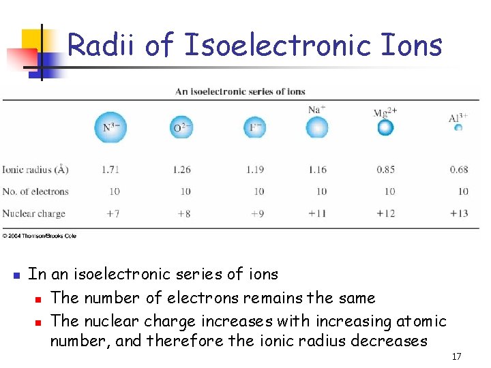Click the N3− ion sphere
[x=111, y=127]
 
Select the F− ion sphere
[x=255, y=127]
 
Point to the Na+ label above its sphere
[x=316, y=110]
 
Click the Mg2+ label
[x=385, y=113]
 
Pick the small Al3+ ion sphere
[x=459, y=127]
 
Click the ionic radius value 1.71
[x=111, y=170]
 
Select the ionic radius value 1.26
[x=182, y=170]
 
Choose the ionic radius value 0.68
[x=459, y=170]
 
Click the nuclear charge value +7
[x=113, y=213]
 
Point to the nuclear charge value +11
[x=317, y=213]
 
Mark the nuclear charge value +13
[x=459, y=213]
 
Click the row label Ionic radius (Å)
[x=35, y=170]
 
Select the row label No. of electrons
[x=35, y=191]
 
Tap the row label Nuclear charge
[x=33, y=213]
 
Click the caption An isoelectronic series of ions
[x=240, y=91]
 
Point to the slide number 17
[x=456, y=356]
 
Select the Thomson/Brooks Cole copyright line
[x=39, y=236]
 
